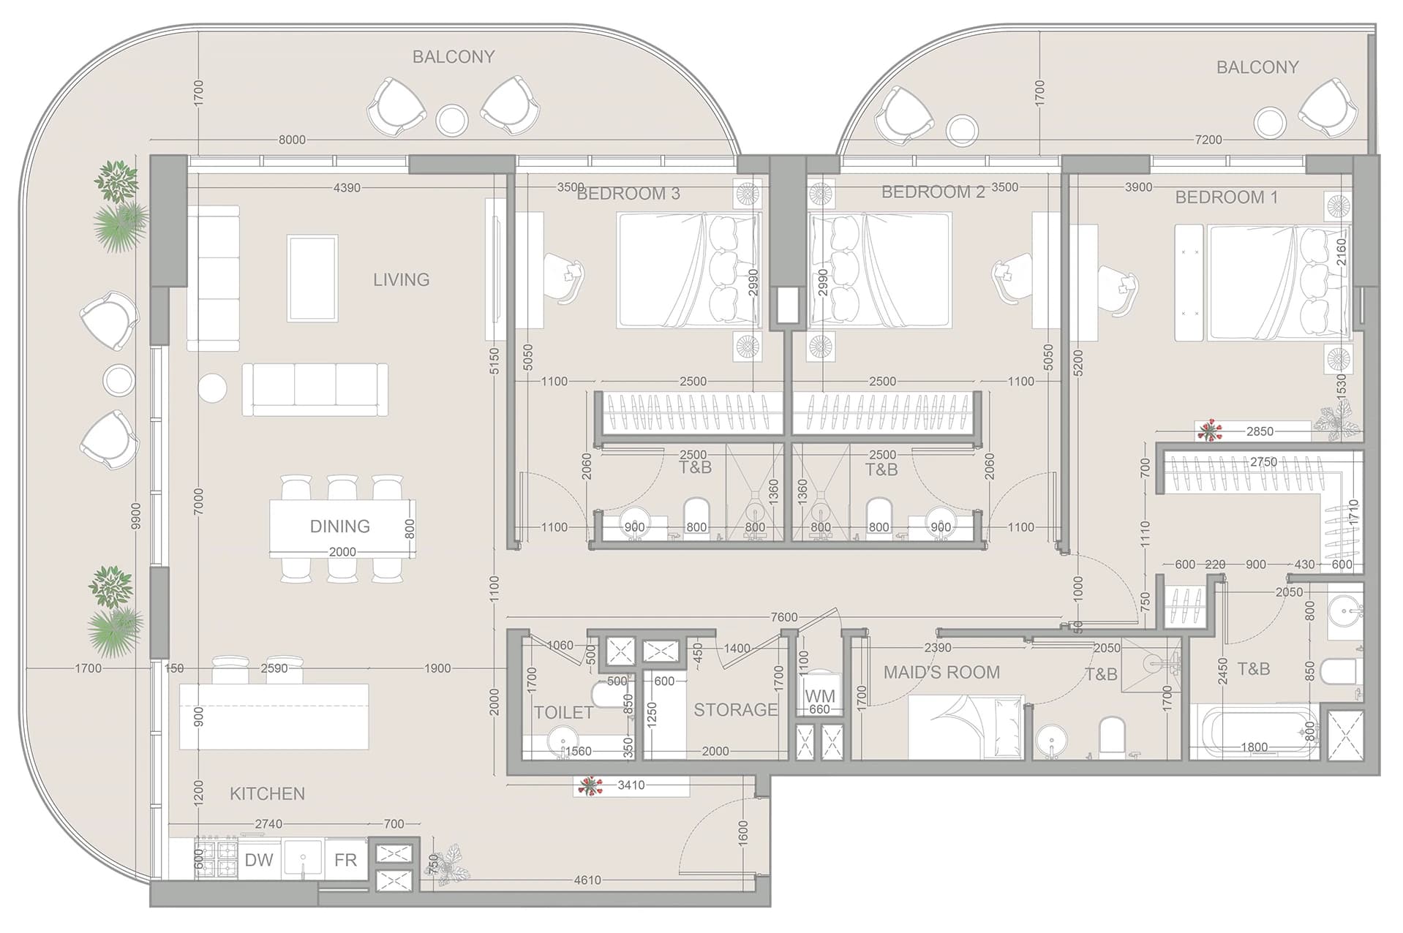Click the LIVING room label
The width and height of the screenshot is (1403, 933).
[x=401, y=279]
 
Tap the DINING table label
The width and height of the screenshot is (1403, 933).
[x=339, y=526]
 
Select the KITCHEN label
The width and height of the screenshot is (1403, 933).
[x=267, y=793]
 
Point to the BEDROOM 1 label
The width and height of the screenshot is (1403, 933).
[x=1226, y=197]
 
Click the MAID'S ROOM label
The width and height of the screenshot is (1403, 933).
[x=941, y=672]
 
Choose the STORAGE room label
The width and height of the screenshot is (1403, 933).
[x=735, y=709]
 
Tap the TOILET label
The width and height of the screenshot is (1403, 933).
[x=563, y=712]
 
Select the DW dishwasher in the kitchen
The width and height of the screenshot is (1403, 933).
[x=259, y=859]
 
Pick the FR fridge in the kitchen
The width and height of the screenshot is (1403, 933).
[x=345, y=859]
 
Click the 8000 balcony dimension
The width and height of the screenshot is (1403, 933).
[x=292, y=140]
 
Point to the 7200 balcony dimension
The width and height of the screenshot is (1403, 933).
[x=1208, y=140]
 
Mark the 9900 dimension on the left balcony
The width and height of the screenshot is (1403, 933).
[x=135, y=516]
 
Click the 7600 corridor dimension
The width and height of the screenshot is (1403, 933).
[x=783, y=617]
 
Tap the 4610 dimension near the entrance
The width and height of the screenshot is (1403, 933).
[x=587, y=880]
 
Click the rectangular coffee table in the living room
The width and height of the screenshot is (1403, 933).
[x=312, y=278]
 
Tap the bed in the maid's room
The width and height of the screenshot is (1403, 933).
[x=966, y=727]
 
